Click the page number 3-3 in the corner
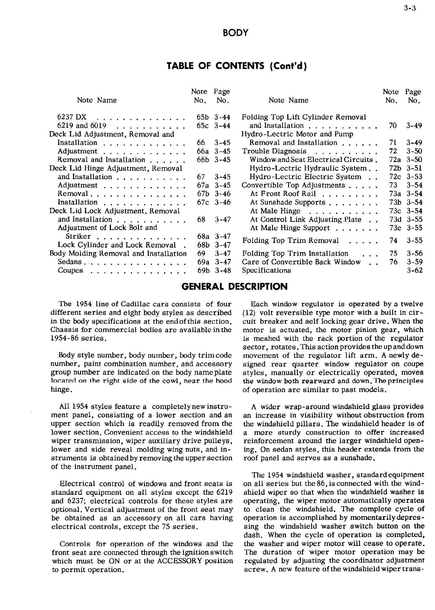coord(410,8)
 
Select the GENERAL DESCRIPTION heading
coord(234,287)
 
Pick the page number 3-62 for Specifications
coord(414,270)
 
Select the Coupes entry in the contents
coord(70,270)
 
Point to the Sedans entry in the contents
coord(70,262)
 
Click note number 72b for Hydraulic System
coord(395,168)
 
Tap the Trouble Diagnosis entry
coord(274,151)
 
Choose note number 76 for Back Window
coord(393,262)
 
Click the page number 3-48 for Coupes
coord(222,270)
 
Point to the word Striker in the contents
coord(78,236)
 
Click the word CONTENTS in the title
coord(240,66)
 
